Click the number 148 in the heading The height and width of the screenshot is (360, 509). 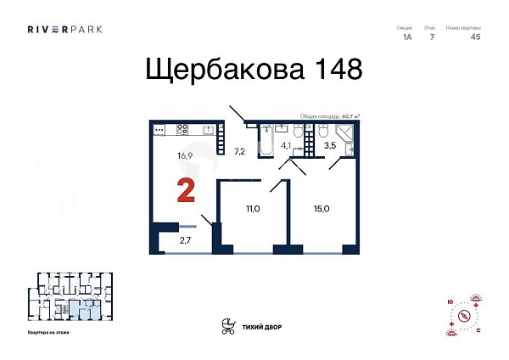point(328,68)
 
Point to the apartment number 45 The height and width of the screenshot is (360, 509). point(475,37)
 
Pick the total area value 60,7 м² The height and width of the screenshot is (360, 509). point(350,116)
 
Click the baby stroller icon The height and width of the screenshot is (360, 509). point(227,325)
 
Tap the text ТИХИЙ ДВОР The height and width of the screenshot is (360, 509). point(263,326)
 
